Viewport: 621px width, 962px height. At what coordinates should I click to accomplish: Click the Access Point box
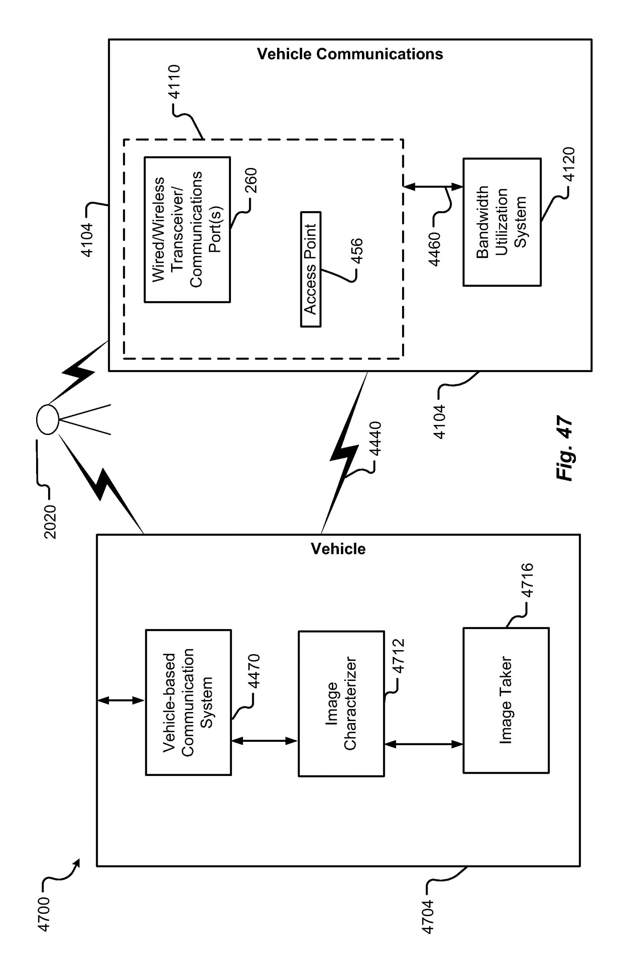310,269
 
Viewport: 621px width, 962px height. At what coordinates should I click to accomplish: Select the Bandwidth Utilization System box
502,222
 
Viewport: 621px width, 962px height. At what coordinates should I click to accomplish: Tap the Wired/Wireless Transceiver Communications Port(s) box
187,230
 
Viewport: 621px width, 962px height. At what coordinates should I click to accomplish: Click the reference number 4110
175,82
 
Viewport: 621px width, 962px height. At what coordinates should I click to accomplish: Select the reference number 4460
434,250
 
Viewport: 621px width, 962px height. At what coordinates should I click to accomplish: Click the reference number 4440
375,439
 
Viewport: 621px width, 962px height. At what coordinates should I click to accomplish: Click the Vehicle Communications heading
350,54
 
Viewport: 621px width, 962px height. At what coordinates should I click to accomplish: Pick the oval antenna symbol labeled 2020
48,420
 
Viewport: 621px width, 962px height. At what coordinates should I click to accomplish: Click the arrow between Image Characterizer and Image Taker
424,744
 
